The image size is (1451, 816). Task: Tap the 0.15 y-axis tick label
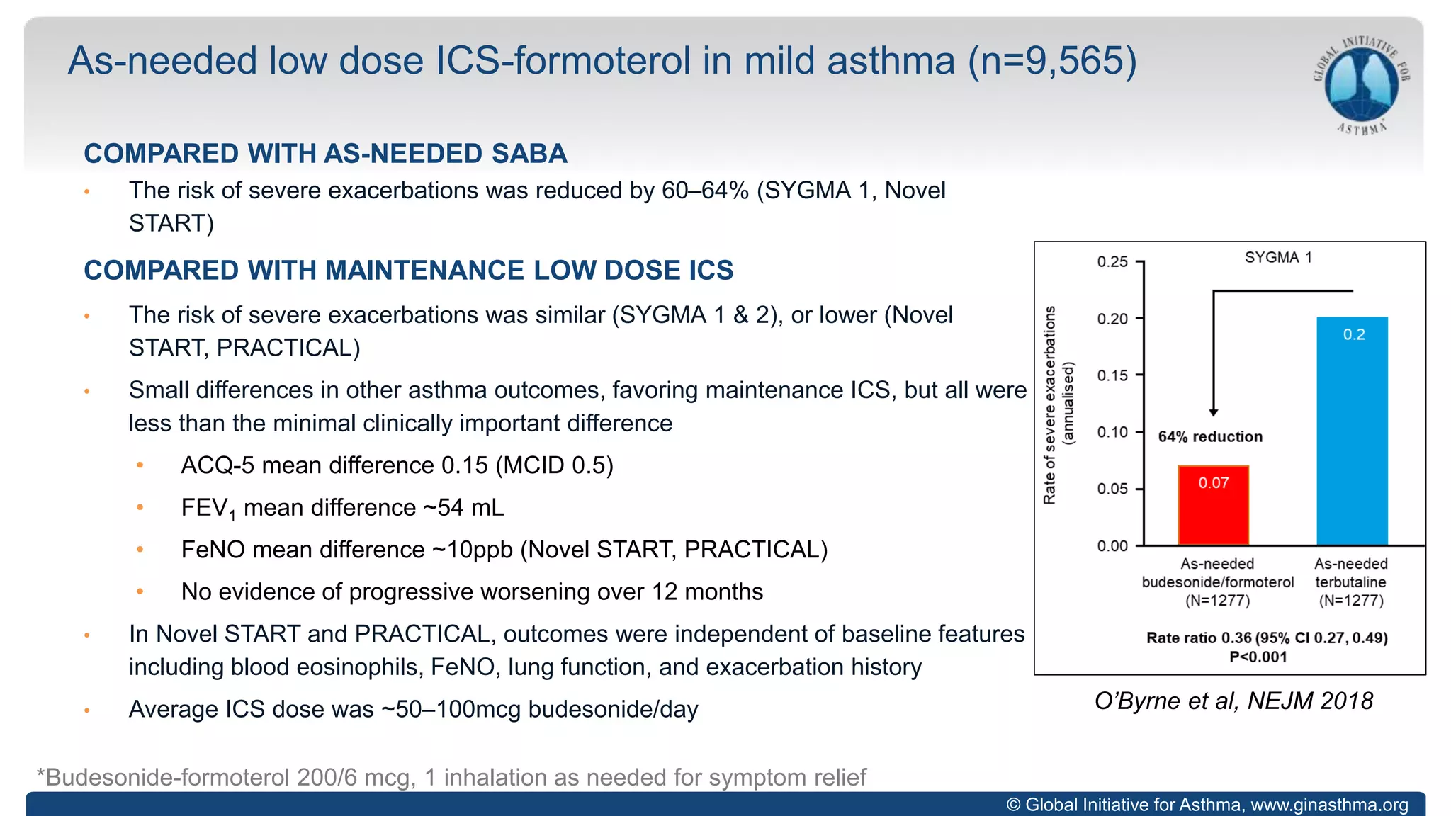(x=1112, y=375)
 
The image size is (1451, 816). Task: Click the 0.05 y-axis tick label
(x=1112, y=489)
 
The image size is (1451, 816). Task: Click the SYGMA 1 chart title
(x=1278, y=258)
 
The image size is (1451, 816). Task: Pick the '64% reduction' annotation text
(x=1210, y=437)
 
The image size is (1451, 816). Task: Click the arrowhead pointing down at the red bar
(x=1214, y=412)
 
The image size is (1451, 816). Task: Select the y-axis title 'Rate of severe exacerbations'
(x=1050, y=405)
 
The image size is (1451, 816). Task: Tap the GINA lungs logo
(x=1362, y=85)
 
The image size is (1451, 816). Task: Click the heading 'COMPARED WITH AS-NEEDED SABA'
(x=325, y=154)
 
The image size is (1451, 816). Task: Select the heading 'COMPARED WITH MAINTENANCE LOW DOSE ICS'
(x=408, y=271)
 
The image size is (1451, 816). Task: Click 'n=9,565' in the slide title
(x=1053, y=61)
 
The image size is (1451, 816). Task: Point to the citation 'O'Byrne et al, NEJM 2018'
(x=1233, y=701)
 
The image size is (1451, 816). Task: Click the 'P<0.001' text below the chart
(x=1258, y=657)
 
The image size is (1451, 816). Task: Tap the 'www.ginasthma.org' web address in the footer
(x=1329, y=805)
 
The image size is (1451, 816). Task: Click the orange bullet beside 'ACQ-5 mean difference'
(x=140, y=465)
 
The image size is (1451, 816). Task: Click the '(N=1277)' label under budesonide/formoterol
(x=1217, y=601)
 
